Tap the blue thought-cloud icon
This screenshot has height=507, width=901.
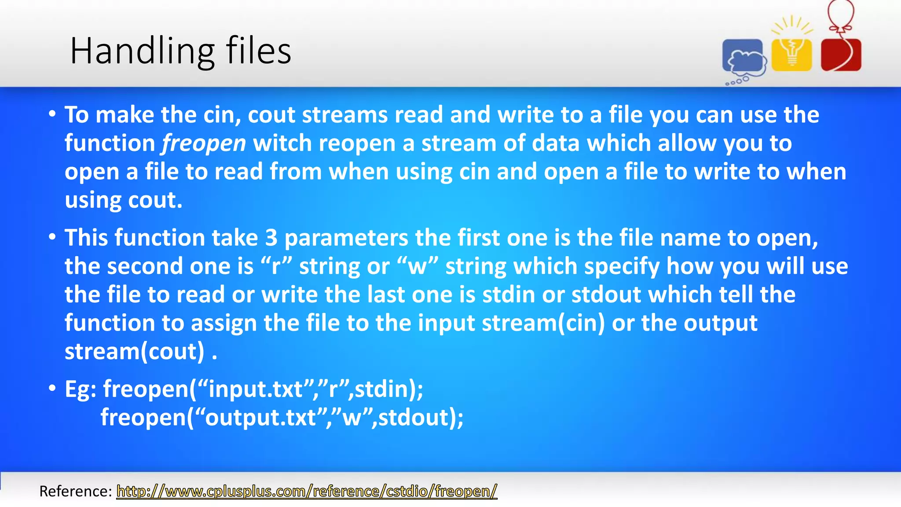coord(743,57)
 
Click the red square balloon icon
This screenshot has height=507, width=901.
coord(841,55)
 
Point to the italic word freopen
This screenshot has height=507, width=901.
coord(204,143)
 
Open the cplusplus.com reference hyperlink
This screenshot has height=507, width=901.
coord(307,491)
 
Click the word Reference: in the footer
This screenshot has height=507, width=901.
coord(76,491)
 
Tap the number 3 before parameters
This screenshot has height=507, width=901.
coord(271,238)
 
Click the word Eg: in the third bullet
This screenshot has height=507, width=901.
coord(81,389)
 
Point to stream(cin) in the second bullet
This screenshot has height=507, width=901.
coord(543,323)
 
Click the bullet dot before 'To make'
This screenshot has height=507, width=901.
coord(52,114)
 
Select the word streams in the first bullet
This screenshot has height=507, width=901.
coord(344,115)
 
